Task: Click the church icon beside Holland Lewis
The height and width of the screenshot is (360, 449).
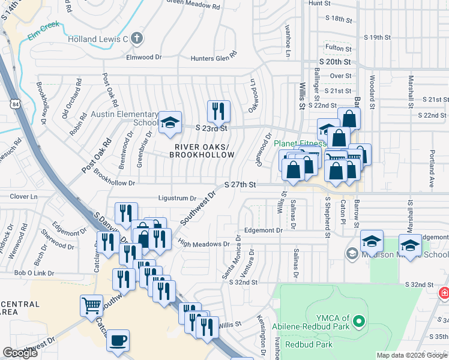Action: pyautogui.click(x=137, y=39)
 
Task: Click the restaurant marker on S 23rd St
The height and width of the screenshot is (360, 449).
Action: pyautogui.click(x=218, y=110)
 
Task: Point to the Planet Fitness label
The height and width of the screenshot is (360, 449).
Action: pyautogui.click(x=300, y=143)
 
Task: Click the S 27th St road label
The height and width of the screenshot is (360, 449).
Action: pyautogui.click(x=240, y=185)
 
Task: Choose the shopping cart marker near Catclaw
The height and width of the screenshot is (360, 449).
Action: pyautogui.click(x=91, y=305)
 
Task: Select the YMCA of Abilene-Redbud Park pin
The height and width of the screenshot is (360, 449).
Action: pyautogui.click(x=360, y=322)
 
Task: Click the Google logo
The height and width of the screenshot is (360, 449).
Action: pyautogui.click(x=20, y=353)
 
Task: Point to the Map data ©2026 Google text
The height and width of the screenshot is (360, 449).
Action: pyautogui.click(x=412, y=355)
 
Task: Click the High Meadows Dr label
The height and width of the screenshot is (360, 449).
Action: pyautogui.click(x=204, y=244)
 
